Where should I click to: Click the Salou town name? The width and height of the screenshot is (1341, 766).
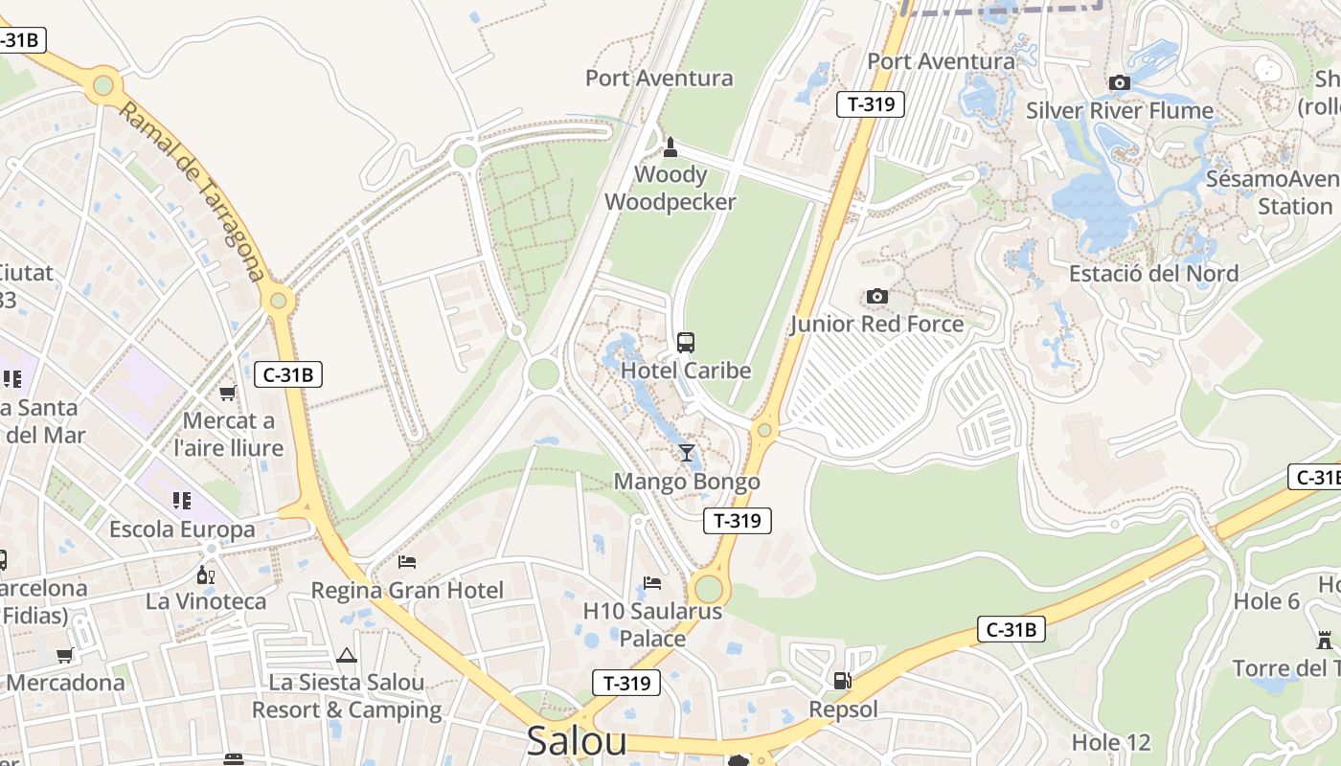[x=577, y=742]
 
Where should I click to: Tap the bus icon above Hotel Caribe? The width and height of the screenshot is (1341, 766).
[x=685, y=343]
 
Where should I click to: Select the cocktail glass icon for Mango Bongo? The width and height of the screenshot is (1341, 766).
[x=686, y=453]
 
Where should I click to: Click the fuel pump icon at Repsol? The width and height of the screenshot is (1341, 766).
[x=843, y=681]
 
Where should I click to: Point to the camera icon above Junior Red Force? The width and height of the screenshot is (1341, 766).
[x=876, y=297]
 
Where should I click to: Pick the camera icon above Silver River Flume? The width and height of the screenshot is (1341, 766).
[x=1119, y=83]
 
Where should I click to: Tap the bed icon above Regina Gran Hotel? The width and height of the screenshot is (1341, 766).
[x=407, y=561]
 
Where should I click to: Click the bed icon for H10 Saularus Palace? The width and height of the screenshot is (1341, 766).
[x=652, y=582]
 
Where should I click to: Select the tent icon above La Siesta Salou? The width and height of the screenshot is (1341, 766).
[x=347, y=656]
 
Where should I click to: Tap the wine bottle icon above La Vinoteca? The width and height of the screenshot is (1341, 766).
[x=204, y=574]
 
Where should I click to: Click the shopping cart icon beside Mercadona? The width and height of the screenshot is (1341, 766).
[x=65, y=656]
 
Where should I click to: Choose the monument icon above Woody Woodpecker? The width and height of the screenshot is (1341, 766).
[x=670, y=146]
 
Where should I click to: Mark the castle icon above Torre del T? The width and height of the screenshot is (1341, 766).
[x=1325, y=640]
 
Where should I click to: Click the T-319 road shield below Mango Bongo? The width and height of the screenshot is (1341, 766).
[x=738, y=520]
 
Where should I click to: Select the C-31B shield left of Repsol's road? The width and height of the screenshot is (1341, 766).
[x=1011, y=629]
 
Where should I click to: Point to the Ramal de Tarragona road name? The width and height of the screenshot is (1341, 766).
[x=191, y=191]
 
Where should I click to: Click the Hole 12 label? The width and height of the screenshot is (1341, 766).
[x=1111, y=742]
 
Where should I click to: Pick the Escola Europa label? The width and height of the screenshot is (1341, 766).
[x=182, y=529]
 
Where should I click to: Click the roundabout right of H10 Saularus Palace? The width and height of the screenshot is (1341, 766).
[x=709, y=587]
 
